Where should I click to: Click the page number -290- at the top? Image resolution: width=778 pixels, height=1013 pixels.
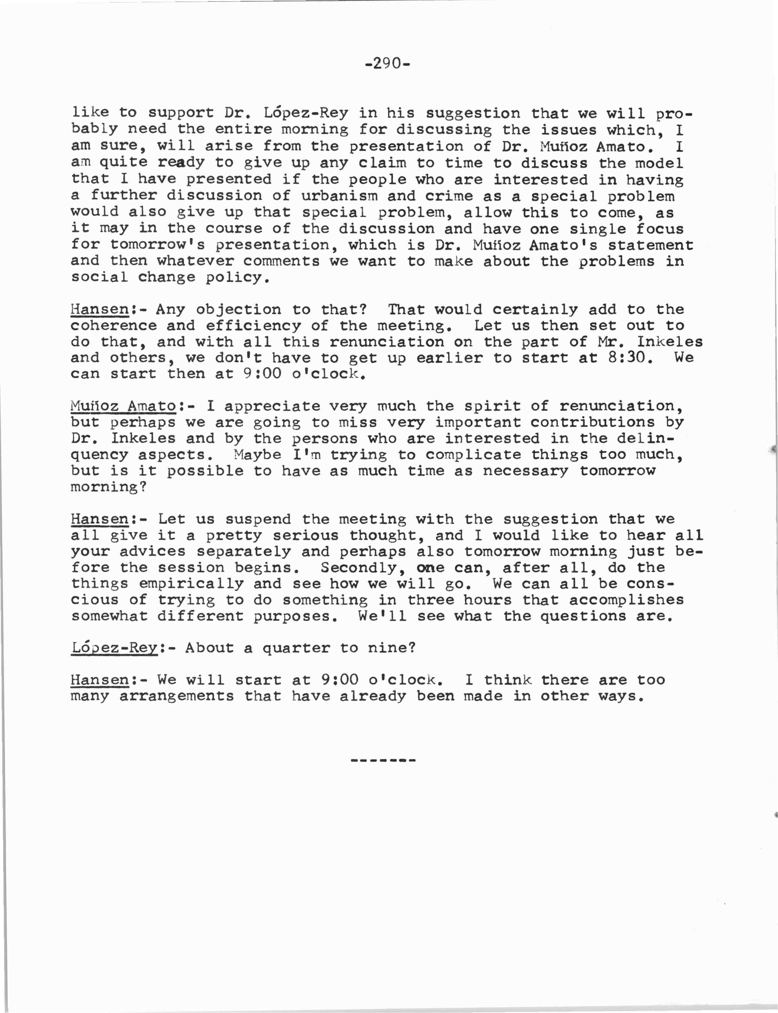(x=388, y=64)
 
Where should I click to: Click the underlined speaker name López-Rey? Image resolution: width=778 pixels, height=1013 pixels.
(x=114, y=648)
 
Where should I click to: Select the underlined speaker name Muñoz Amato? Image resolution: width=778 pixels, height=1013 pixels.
(x=123, y=406)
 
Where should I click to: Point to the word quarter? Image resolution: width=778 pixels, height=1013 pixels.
(x=296, y=648)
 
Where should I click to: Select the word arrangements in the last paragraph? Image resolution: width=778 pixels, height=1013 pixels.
(x=176, y=696)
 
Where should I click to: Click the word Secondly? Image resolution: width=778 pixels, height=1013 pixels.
(x=359, y=567)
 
